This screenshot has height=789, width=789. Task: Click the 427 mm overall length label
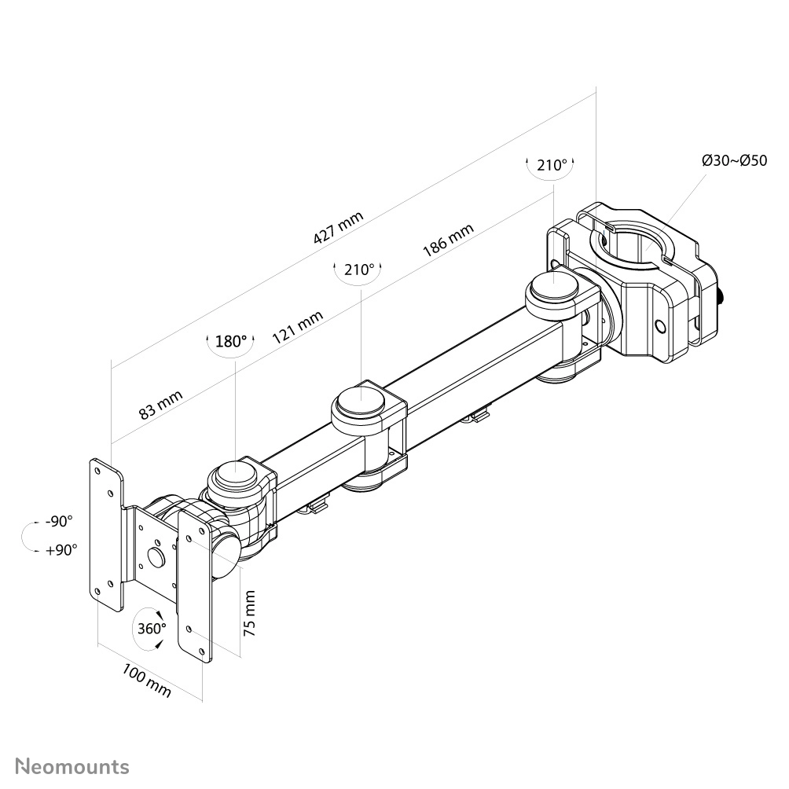(338, 227)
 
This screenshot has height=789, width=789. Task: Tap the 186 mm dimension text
(448, 240)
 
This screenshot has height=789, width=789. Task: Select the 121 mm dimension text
(297, 327)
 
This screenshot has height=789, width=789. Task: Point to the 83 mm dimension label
(160, 405)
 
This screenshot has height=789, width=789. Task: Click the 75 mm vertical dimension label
(250, 614)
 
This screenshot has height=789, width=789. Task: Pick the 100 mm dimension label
(146, 681)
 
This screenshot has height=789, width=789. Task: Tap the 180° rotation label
(231, 342)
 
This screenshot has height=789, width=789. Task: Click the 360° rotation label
(152, 629)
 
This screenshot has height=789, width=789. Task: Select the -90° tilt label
(59, 521)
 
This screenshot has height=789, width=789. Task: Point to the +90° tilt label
(61, 550)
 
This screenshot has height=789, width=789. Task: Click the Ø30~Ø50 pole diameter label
(734, 160)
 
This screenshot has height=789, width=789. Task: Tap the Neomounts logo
(72, 767)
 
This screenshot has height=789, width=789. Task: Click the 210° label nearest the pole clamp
(552, 165)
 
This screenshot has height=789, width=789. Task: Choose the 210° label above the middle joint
(359, 270)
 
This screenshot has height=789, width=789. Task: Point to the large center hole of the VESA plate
(156, 556)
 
